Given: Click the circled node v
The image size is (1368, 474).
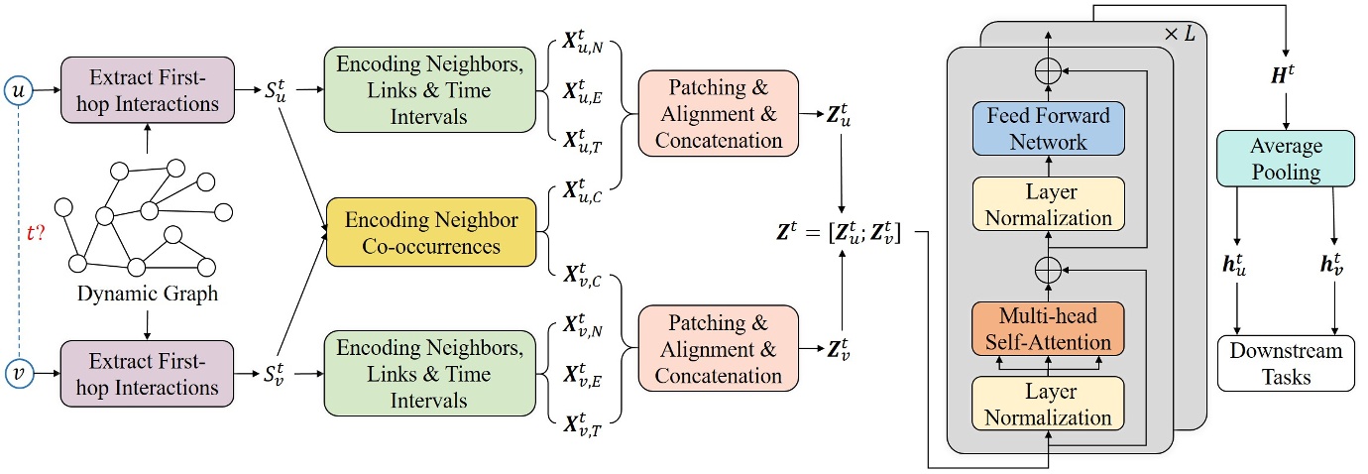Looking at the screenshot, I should click(x=20, y=374).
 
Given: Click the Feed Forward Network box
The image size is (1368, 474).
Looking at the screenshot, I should click(x=1048, y=130).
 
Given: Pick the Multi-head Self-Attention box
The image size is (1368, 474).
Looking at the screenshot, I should click(x=1048, y=329).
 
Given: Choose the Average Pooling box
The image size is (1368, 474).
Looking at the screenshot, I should click(x=1285, y=160).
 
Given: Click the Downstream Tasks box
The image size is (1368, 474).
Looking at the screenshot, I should click(x=1285, y=363).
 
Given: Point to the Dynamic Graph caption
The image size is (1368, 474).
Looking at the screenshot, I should click(x=147, y=295).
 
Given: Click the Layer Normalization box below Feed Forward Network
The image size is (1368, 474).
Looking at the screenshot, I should click(x=1048, y=204).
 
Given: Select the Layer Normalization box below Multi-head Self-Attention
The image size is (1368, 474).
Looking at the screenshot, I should click(x=1048, y=404).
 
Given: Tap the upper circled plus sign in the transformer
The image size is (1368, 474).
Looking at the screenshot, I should click(x=1049, y=70).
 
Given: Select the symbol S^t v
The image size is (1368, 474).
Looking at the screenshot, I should click(x=279, y=374).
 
